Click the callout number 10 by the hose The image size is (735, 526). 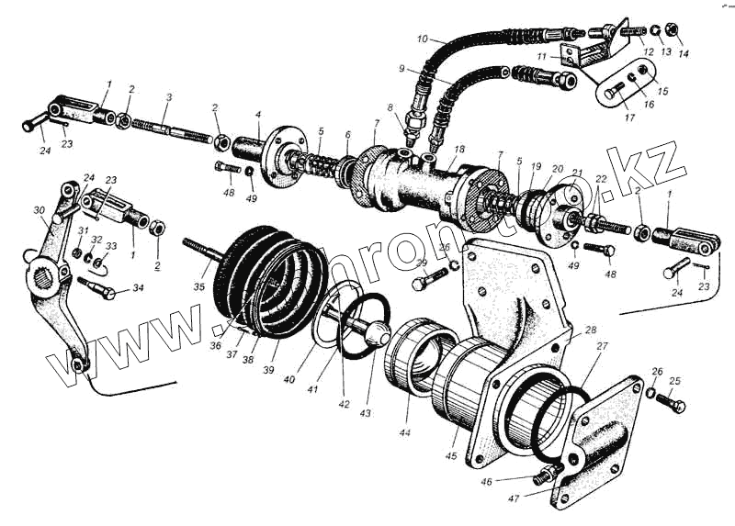coord(422,39)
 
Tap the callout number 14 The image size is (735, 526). coord(683,54)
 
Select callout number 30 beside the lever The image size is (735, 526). coord(38,210)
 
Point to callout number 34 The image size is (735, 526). coord(138,289)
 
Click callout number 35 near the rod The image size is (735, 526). coord(198,287)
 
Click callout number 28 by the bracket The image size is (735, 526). coord(590,330)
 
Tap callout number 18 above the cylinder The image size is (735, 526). coord(459,149)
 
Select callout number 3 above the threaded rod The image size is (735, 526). coord(168,97)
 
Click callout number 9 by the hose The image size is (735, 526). coord(401,69)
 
